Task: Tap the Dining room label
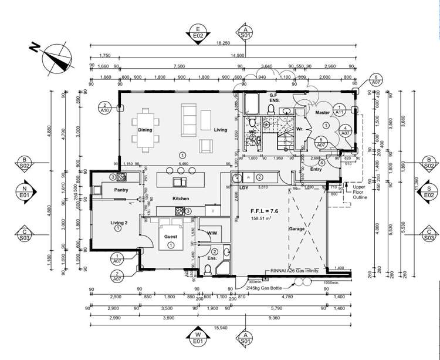[x=145, y=130]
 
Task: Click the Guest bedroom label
[x=171, y=236]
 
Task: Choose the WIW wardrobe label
[x=212, y=233]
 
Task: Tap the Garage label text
[x=297, y=228]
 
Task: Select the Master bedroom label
[x=322, y=112]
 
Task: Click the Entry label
[x=316, y=169]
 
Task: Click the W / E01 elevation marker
[x=198, y=337]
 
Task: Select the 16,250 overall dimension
[x=222, y=43]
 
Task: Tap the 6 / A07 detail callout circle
[x=376, y=80]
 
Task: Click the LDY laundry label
[x=243, y=187]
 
